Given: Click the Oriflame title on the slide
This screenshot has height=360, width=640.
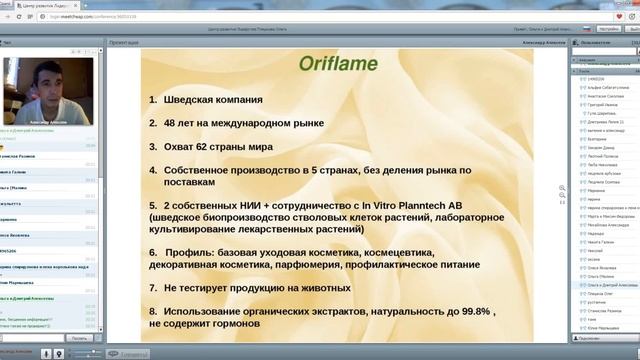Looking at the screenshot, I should [338, 64].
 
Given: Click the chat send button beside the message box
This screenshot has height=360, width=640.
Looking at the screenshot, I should [79, 339].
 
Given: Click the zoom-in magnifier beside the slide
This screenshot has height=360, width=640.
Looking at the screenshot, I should [563, 187].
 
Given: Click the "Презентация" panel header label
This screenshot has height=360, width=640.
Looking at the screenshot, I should [124, 44].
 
